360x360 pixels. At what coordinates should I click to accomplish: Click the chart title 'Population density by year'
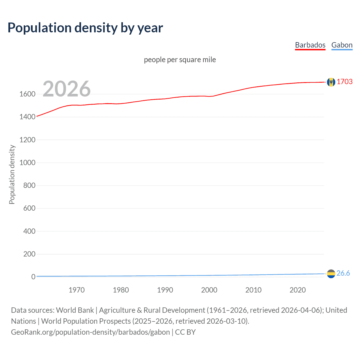tap(85, 28)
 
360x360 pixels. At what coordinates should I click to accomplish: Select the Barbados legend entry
tap(310, 45)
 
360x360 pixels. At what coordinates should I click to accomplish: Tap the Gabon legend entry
tap(342, 45)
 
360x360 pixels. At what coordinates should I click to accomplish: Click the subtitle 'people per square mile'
tap(180, 60)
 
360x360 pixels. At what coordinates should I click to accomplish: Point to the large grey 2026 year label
tap(67, 89)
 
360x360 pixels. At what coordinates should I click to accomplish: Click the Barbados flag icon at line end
tap(331, 82)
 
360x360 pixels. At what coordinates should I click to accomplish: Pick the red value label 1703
tap(345, 82)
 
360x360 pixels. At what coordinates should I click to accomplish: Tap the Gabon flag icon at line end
tap(331, 273)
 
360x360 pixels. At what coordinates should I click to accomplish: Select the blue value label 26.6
tap(343, 273)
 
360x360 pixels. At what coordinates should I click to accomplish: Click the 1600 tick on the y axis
tap(27, 94)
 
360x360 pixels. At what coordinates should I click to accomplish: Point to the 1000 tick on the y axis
tap(27, 163)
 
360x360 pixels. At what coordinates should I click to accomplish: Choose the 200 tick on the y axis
tap(29, 254)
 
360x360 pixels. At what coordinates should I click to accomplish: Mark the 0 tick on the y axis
tap(33, 277)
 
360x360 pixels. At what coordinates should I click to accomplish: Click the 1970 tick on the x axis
tap(76, 290)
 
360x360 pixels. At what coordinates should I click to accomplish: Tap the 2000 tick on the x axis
tap(209, 290)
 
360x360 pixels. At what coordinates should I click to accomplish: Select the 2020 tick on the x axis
tap(298, 290)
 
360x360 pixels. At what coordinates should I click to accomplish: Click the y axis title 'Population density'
tap(12, 174)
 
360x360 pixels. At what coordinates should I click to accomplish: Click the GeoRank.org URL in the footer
tap(90, 332)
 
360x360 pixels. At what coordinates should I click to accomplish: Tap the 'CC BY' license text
tap(185, 332)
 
